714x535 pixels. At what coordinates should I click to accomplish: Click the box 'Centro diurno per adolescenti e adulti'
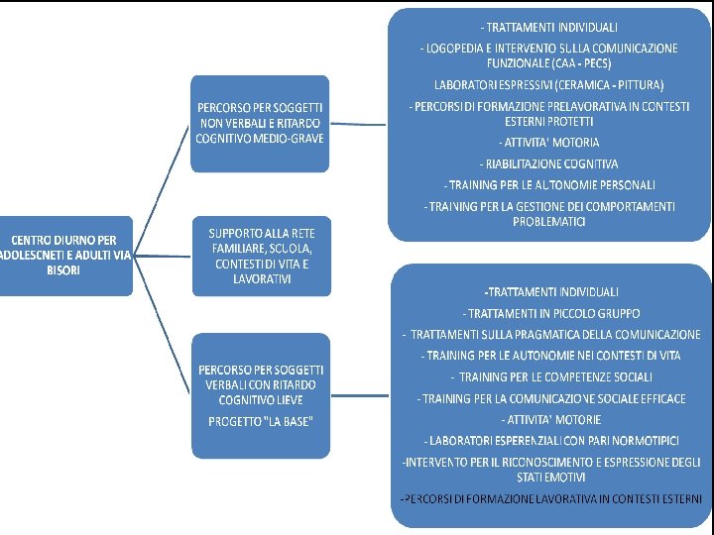[64, 255]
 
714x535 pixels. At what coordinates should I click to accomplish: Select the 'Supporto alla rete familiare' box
[260, 256]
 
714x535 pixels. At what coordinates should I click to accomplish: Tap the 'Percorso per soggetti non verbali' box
[260, 121]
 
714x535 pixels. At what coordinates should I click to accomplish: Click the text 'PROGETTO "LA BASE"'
[260, 421]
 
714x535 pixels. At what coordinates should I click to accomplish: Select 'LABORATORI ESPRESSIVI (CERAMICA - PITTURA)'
[548, 84]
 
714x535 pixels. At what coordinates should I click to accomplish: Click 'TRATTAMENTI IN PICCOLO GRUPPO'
[549, 313]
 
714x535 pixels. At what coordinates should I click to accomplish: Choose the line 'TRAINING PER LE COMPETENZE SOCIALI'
[551, 376]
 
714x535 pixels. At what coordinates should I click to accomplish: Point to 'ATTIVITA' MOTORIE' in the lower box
[551, 419]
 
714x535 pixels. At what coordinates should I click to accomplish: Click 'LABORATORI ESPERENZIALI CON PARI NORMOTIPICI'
[551, 440]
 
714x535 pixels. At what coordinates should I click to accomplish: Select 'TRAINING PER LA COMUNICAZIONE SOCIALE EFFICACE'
[551, 398]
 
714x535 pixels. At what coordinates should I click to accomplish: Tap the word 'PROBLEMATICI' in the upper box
[548, 222]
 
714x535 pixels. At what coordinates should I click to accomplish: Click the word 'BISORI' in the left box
[63, 269]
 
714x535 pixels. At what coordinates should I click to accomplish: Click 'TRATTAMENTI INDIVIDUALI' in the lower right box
[551, 291]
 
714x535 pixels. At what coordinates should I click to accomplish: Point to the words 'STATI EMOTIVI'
[550, 477]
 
